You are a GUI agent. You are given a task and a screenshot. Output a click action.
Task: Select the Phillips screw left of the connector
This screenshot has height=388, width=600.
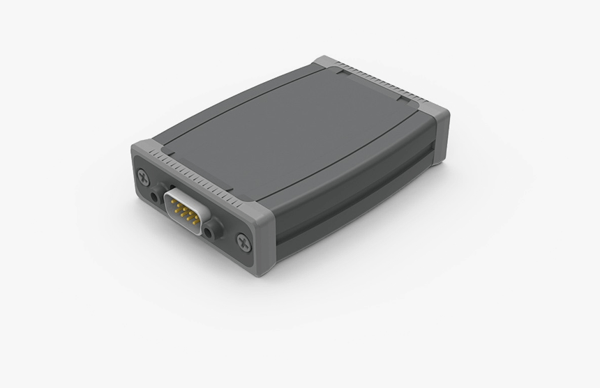pyautogui.click(x=144, y=177)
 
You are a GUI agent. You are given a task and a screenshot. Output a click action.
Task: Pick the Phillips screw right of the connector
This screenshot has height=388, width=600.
pyautogui.click(x=243, y=242)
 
